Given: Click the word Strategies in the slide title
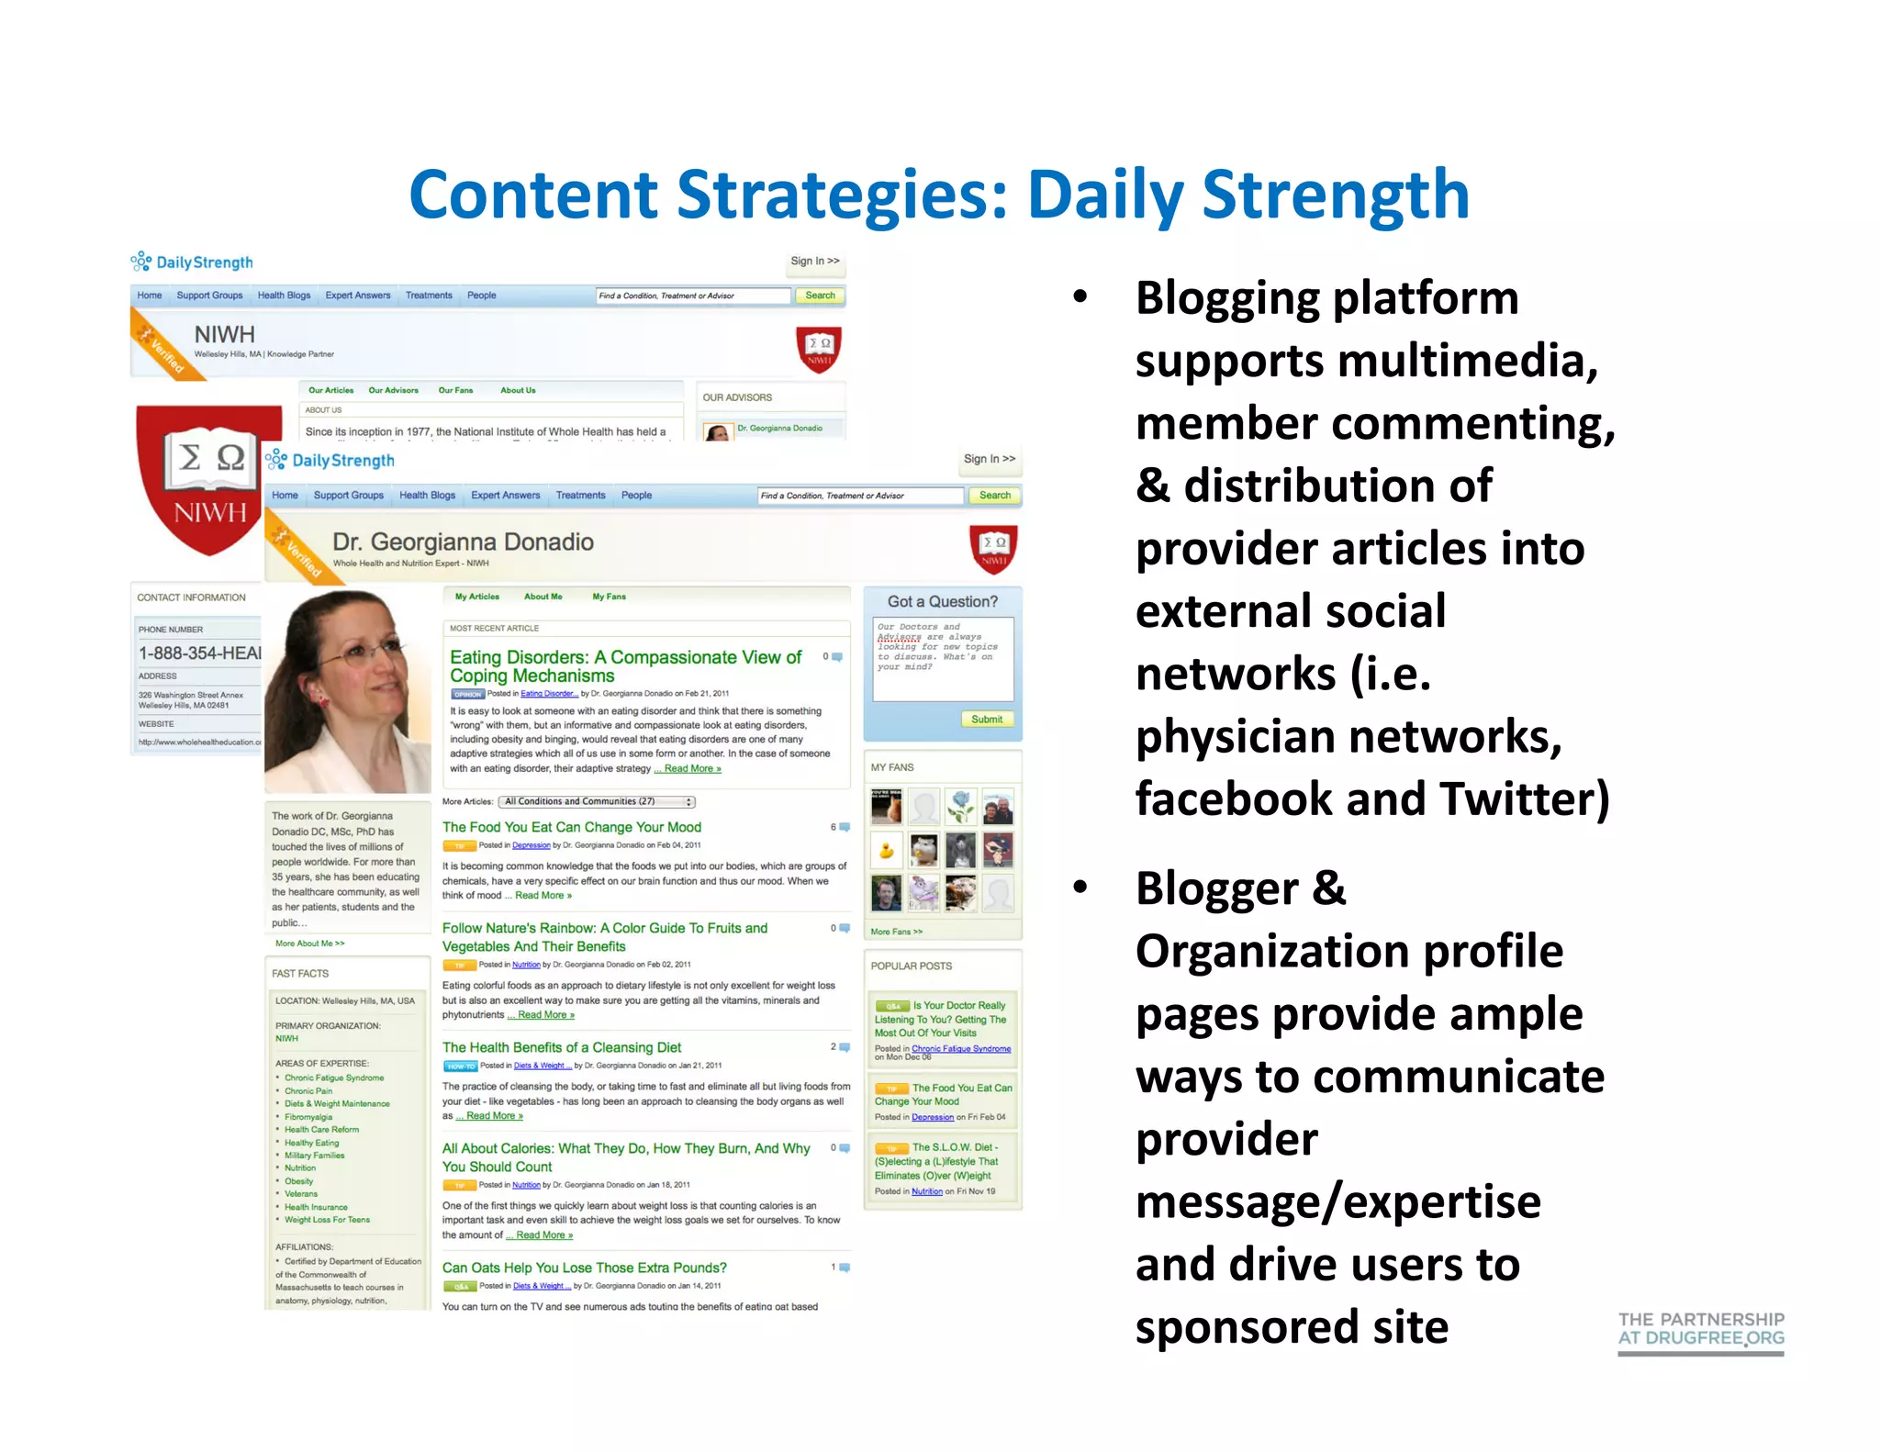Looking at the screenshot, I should [x=840, y=195].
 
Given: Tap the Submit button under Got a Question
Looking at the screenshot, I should [x=987, y=720].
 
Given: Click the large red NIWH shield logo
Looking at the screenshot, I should [x=208, y=481].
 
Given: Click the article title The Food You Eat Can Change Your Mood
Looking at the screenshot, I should [x=571, y=827].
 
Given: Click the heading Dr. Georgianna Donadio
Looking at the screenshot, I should [x=463, y=542].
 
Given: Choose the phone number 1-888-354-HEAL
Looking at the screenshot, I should [x=199, y=653].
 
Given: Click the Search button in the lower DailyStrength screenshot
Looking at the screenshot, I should [x=994, y=496].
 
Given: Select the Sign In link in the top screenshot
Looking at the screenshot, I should [x=814, y=262].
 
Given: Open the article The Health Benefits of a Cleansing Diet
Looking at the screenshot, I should [x=562, y=1047].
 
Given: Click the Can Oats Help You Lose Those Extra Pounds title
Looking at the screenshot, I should [x=584, y=1268].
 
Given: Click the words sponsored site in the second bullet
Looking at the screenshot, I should [x=1292, y=1327].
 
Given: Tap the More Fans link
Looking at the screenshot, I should [x=896, y=932].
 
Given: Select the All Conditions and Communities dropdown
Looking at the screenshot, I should [x=598, y=801].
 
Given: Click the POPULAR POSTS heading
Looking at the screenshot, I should [x=911, y=966].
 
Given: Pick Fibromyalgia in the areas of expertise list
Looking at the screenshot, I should [x=308, y=1117].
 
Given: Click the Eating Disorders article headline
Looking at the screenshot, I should [x=624, y=666].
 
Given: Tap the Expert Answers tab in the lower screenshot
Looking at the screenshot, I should [x=505, y=496].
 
